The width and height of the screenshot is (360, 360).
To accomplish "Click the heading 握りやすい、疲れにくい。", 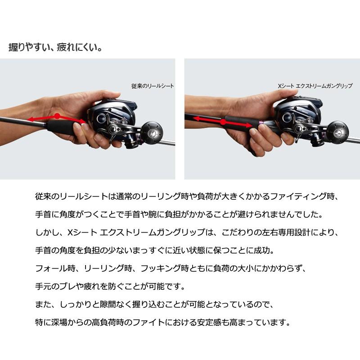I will [55, 47].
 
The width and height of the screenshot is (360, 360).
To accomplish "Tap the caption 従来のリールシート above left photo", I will [152, 85].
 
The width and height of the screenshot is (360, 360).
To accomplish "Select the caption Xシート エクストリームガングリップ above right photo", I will [315, 85].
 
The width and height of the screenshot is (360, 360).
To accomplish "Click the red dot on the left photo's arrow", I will [57, 116].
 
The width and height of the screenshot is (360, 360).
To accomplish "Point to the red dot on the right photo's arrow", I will [223, 121].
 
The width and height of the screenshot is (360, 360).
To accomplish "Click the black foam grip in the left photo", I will [61, 126].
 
